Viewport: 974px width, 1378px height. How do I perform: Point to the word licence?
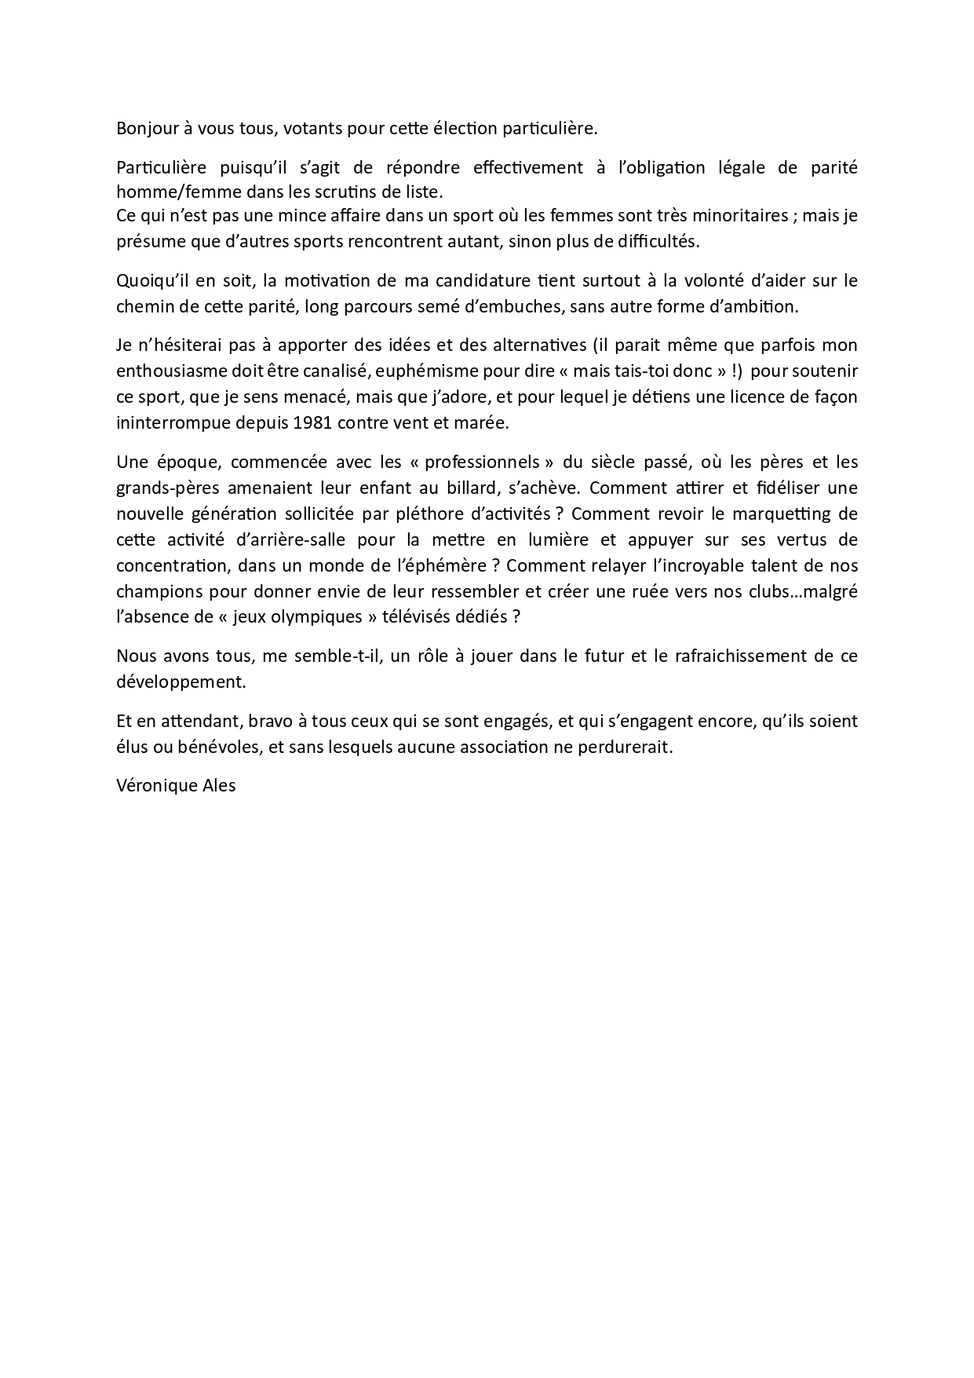(x=731, y=397)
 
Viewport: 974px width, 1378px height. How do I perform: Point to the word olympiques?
(x=321, y=617)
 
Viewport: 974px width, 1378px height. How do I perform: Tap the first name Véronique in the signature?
(x=155, y=785)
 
